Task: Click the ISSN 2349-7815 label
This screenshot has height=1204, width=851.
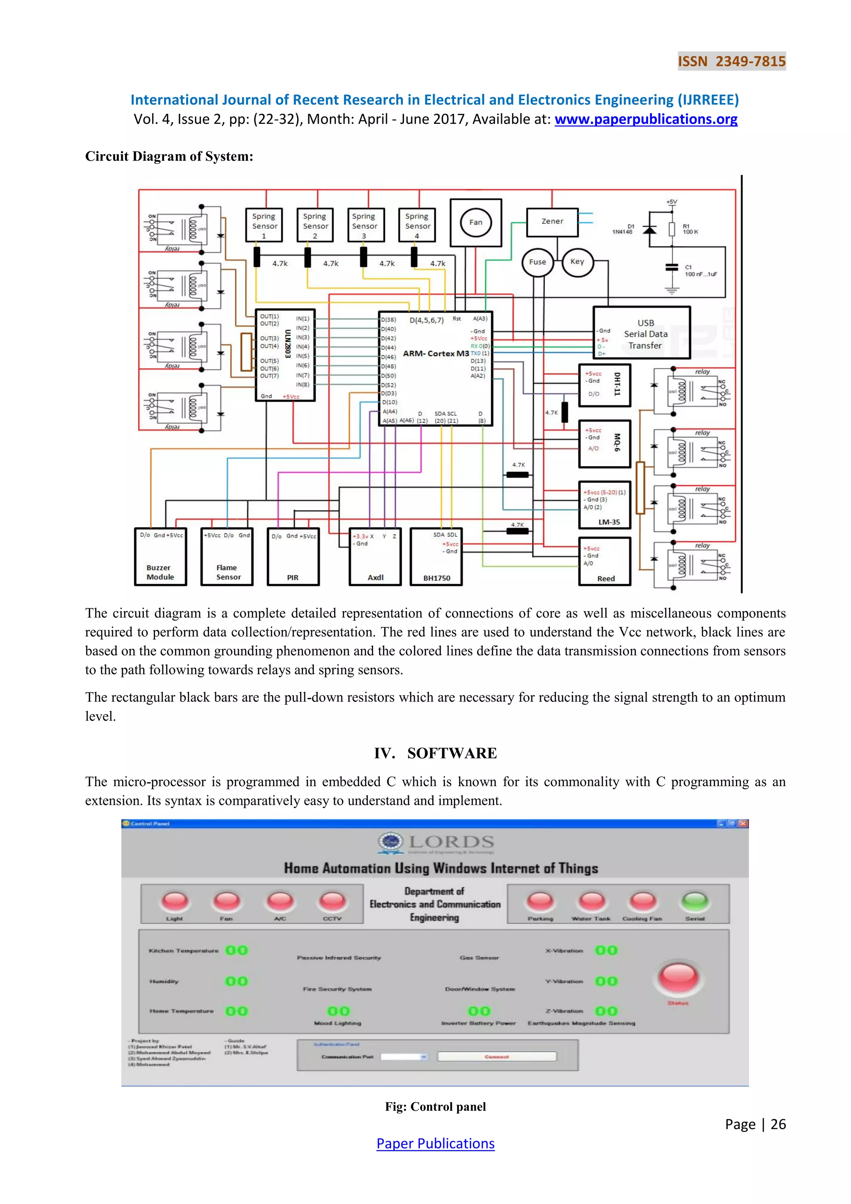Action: click(731, 62)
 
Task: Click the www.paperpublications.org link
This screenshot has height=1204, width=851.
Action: click(646, 120)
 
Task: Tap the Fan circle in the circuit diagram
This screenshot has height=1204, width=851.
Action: click(475, 222)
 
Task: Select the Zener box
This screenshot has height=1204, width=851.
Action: click(552, 222)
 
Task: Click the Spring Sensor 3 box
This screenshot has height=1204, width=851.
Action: click(365, 225)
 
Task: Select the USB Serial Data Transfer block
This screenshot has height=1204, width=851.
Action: click(642, 333)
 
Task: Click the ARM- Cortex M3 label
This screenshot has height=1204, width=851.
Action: click(435, 353)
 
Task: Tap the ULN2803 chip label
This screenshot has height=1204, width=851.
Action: click(288, 344)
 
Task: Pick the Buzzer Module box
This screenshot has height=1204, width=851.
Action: click(160, 557)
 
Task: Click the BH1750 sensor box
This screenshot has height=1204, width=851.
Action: click(436, 557)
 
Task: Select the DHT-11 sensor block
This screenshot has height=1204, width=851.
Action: click(605, 385)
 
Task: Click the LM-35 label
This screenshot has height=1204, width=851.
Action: click(609, 522)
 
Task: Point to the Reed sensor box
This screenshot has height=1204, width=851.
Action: click(605, 562)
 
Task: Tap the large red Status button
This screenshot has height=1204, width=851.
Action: click(678, 977)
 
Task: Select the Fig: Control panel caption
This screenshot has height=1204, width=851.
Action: click(435, 1106)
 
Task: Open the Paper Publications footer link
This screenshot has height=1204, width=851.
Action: click(435, 1144)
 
